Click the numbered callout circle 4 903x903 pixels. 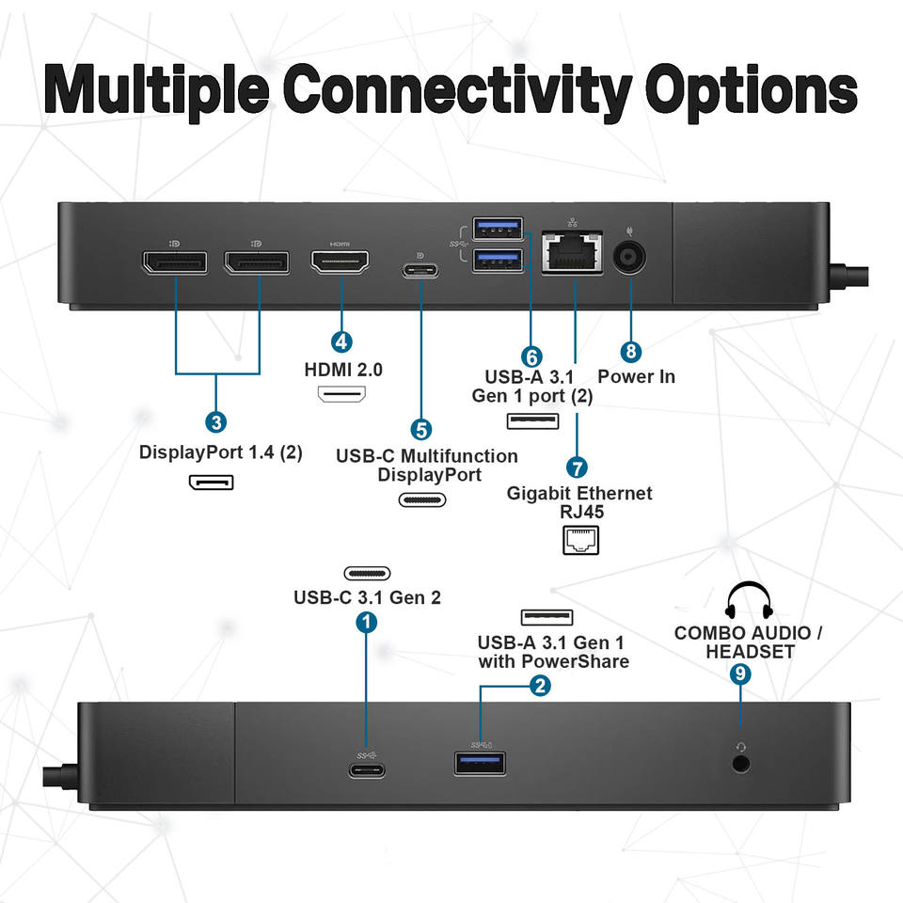pyautogui.click(x=341, y=342)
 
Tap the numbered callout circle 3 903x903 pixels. pyautogui.click(x=216, y=422)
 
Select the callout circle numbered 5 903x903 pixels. pyautogui.click(x=421, y=430)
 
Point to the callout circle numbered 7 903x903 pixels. pyautogui.click(x=577, y=467)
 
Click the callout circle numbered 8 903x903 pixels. pyautogui.click(x=630, y=351)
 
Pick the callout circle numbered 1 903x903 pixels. pyautogui.click(x=366, y=622)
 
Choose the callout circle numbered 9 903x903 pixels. pyautogui.click(x=740, y=673)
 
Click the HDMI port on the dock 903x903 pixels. pyautogui.click(x=340, y=262)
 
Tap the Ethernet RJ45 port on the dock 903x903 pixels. pyautogui.click(x=573, y=252)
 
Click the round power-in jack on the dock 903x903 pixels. pyautogui.click(x=629, y=257)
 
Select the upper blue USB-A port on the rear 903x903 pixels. pyautogui.click(x=498, y=228)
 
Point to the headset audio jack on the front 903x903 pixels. pyautogui.click(x=740, y=764)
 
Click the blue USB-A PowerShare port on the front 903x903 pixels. pyautogui.click(x=481, y=764)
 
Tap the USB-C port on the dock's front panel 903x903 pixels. pyautogui.click(x=367, y=770)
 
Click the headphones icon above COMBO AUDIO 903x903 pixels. pyautogui.click(x=749, y=600)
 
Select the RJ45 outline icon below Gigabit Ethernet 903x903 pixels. pyautogui.click(x=580, y=540)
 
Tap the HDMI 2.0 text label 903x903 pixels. pyautogui.click(x=343, y=369)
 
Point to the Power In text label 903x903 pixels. pyautogui.click(x=637, y=376)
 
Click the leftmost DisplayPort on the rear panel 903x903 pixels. pyautogui.click(x=175, y=262)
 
